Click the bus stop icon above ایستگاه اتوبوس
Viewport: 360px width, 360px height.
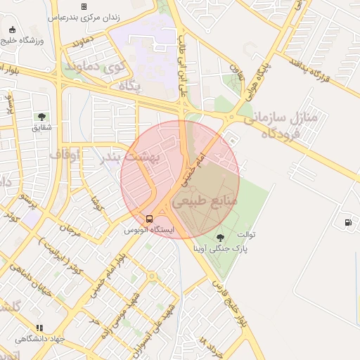click(149, 218)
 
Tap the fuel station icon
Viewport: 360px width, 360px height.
click(348, 223)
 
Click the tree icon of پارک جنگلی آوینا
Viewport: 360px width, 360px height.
click(221, 238)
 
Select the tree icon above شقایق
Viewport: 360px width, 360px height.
click(41, 117)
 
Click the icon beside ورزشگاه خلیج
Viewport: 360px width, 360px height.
click(13, 30)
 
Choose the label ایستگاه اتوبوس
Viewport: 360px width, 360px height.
click(149, 229)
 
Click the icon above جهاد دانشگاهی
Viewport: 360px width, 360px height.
click(39, 328)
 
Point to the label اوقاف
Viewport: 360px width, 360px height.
click(65, 153)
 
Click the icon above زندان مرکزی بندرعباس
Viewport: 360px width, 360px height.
click(84, 6)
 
